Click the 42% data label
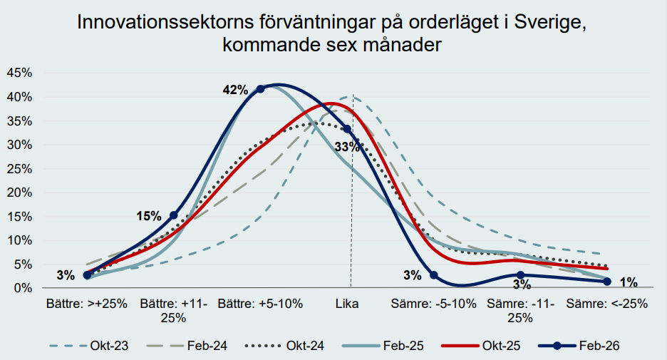[x=235, y=90]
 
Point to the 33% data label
[x=347, y=148]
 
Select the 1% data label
[x=628, y=281]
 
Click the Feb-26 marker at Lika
[x=347, y=129]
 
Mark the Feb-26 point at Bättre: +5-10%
[x=260, y=88]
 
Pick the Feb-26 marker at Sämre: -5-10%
[x=434, y=275]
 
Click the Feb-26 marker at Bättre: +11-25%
[x=174, y=215]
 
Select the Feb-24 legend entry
[x=187, y=346]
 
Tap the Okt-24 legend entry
[x=286, y=346]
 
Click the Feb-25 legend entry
[x=385, y=346]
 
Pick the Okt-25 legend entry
[x=481, y=346]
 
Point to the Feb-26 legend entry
[x=579, y=346]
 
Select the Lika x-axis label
[x=347, y=303]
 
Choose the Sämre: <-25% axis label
[x=607, y=303]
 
